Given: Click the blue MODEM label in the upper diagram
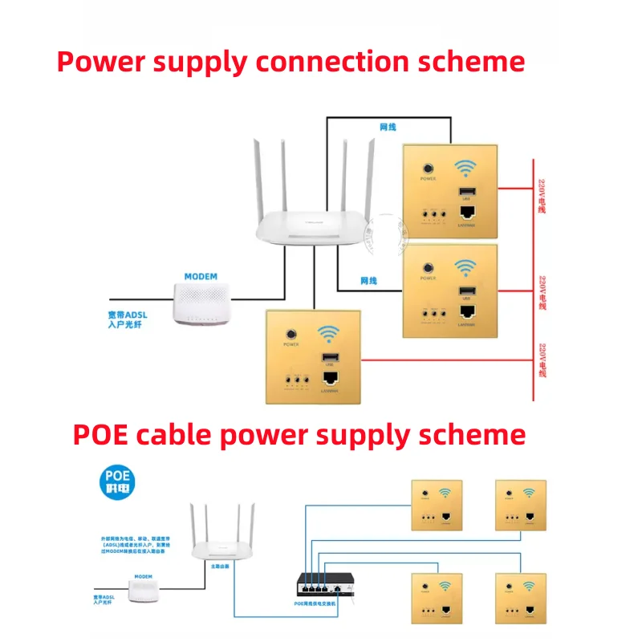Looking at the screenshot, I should tap(201, 277).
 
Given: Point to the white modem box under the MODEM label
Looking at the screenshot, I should tap(201, 303).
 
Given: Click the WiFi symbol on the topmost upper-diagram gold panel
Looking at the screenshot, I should tap(465, 169).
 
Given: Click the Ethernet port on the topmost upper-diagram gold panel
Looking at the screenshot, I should tap(465, 213).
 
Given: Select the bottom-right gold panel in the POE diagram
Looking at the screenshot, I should tap(521, 598).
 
